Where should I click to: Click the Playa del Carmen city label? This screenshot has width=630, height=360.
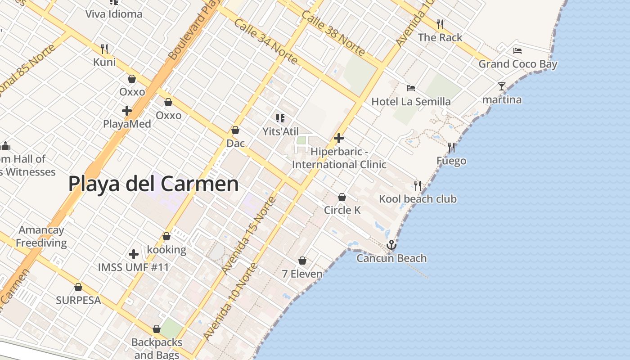click(x=153, y=184)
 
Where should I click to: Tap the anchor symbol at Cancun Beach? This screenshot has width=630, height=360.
click(x=391, y=245)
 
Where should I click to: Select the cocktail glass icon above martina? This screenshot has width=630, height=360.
click(x=502, y=86)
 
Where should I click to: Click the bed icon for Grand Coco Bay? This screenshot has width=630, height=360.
click(x=517, y=51)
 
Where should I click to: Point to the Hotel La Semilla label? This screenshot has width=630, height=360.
click(x=411, y=102)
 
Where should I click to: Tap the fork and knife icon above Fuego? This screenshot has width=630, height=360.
click(x=451, y=148)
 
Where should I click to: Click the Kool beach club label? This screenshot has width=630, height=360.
click(x=418, y=199)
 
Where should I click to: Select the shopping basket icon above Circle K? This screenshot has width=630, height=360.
click(x=342, y=197)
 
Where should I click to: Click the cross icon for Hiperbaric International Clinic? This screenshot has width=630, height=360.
click(x=339, y=138)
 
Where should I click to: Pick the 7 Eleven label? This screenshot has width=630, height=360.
click(x=302, y=274)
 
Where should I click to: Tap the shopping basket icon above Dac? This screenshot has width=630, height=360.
click(x=235, y=130)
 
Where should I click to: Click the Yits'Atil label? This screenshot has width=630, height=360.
click(x=281, y=131)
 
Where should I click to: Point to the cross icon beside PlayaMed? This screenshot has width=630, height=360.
click(x=127, y=111)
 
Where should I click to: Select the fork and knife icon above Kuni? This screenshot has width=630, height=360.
click(x=104, y=48)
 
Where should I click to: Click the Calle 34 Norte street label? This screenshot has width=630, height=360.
click(x=265, y=42)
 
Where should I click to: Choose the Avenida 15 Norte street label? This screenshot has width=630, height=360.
click(x=249, y=235)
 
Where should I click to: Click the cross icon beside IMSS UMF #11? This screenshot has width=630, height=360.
click(x=134, y=254)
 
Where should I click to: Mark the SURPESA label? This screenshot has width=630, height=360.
click(x=78, y=300)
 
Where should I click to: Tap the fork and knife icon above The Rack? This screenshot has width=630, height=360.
click(x=440, y=24)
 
